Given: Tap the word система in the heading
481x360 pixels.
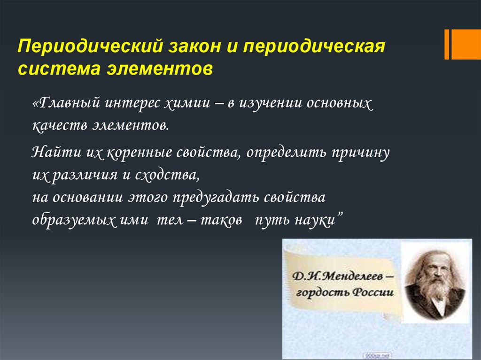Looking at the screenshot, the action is click(x=59, y=69).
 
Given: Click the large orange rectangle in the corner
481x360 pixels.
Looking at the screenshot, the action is click(x=466, y=44).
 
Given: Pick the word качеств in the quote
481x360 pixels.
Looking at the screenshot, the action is click(x=60, y=126).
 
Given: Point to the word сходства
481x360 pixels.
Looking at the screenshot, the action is click(x=167, y=175).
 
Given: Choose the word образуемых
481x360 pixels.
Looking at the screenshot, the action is click(x=74, y=220).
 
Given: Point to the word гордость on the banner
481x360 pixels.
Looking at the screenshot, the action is click(x=322, y=292).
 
